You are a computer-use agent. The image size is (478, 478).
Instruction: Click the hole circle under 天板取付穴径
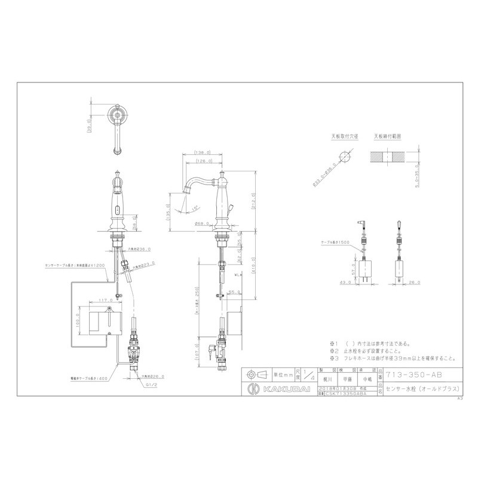tap(345, 156)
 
